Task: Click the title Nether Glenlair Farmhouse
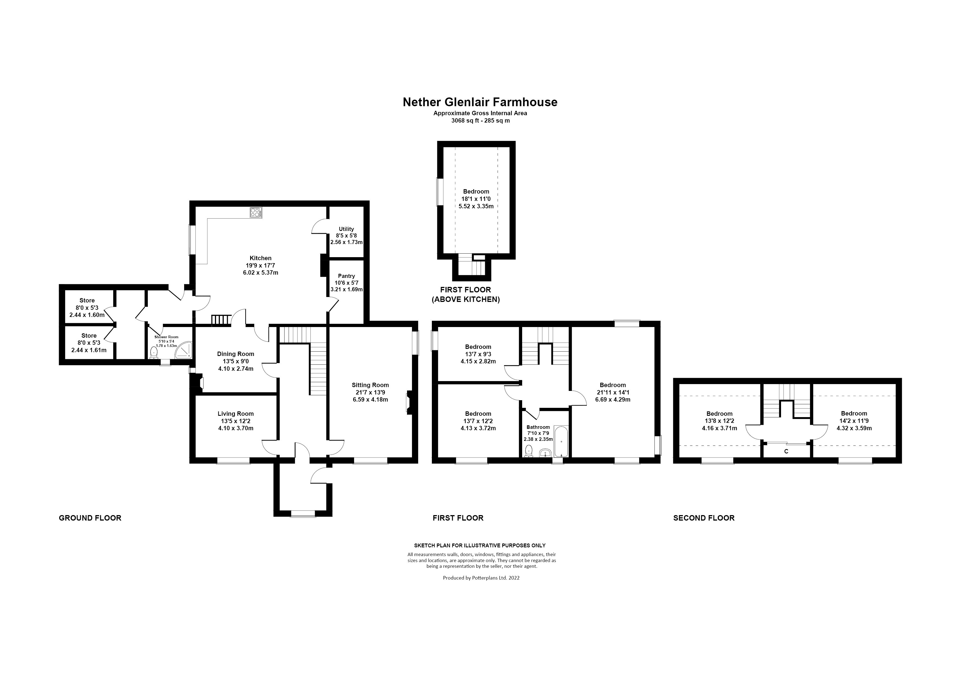480,102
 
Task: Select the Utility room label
346,229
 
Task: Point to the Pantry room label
346,276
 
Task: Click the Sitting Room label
370,385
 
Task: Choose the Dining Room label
235,354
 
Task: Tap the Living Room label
235,414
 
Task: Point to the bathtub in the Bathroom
561,441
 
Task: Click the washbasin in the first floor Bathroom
545,453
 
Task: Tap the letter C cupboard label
786,451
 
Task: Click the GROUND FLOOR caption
90,518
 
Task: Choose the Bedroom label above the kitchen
476,191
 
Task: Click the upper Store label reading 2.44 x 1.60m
87,315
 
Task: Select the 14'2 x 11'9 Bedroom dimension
854,421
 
